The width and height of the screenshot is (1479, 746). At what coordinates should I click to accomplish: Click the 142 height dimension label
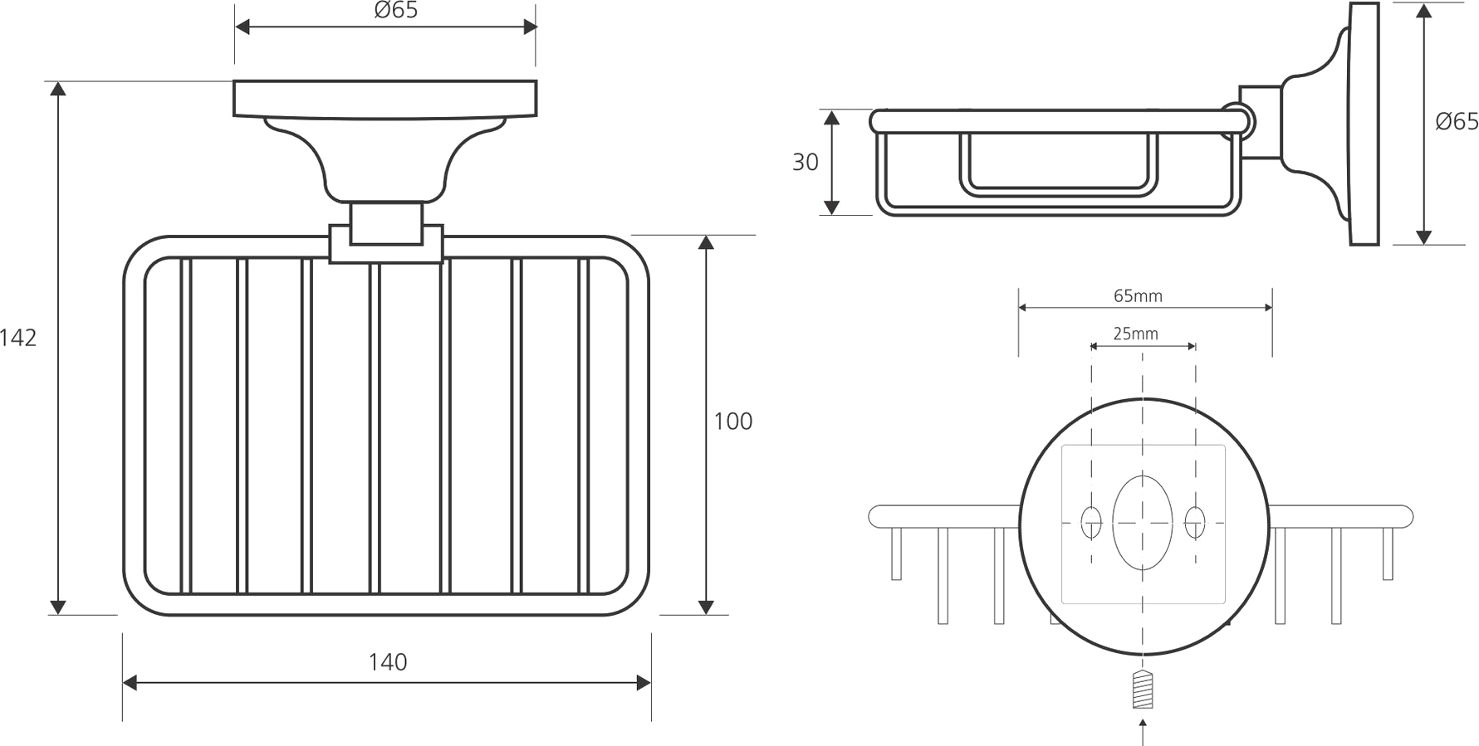pyautogui.click(x=18, y=338)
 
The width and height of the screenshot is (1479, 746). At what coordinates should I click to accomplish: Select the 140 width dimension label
pyautogui.click(x=388, y=662)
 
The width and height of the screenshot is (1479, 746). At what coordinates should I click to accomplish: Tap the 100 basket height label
pyautogui.click(x=733, y=422)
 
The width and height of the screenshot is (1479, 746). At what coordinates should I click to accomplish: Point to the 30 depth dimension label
pyautogui.click(x=806, y=162)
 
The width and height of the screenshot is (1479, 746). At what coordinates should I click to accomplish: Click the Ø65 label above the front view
pyautogui.click(x=396, y=11)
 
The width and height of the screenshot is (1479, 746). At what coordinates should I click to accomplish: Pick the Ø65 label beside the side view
pyautogui.click(x=1457, y=121)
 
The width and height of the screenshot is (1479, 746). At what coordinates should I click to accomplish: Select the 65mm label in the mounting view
pyautogui.click(x=1138, y=295)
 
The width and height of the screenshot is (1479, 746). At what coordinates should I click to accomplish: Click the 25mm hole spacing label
pyautogui.click(x=1135, y=334)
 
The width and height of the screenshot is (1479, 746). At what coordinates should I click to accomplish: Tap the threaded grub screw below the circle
pyautogui.click(x=1144, y=690)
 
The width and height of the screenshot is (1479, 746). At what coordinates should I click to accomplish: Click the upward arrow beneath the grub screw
pyautogui.click(x=1144, y=731)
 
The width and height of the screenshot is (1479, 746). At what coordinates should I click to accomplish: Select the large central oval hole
pyautogui.click(x=1143, y=523)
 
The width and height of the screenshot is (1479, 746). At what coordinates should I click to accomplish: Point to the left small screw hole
pyautogui.click(x=1091, y=522)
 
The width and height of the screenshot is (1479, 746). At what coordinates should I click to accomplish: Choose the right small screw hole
pyautogui.click(x=1195, y=522)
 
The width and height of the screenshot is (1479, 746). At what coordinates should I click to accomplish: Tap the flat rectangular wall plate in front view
pyautogui.click(x=385, y=99)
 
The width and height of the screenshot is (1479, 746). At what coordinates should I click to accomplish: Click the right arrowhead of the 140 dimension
pyautogui.click(x=643, y=683)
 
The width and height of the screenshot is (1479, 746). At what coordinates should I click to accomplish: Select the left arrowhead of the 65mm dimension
pyautogui.click(x=1024, y=308)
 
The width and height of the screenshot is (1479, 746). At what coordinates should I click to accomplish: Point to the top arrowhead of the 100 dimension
pyautogui.click(x=706, y=242)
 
